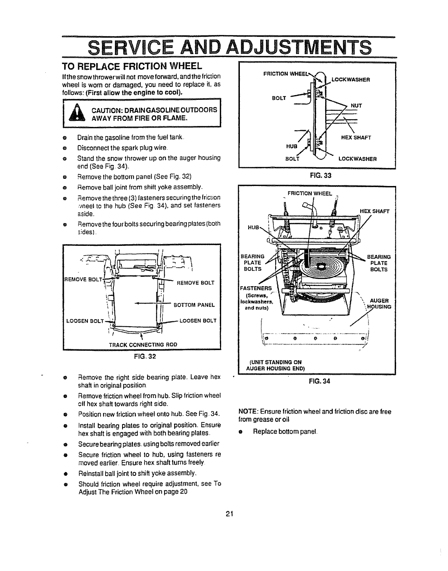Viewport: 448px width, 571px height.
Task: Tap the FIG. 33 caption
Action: click(x=317, y=176)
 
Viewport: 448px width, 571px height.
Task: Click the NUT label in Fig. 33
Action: click(x=357, y=105)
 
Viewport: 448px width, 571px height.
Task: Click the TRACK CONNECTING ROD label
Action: click(x=143, y=344)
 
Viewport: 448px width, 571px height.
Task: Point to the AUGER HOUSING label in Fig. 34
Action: click(x=380, y=304)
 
